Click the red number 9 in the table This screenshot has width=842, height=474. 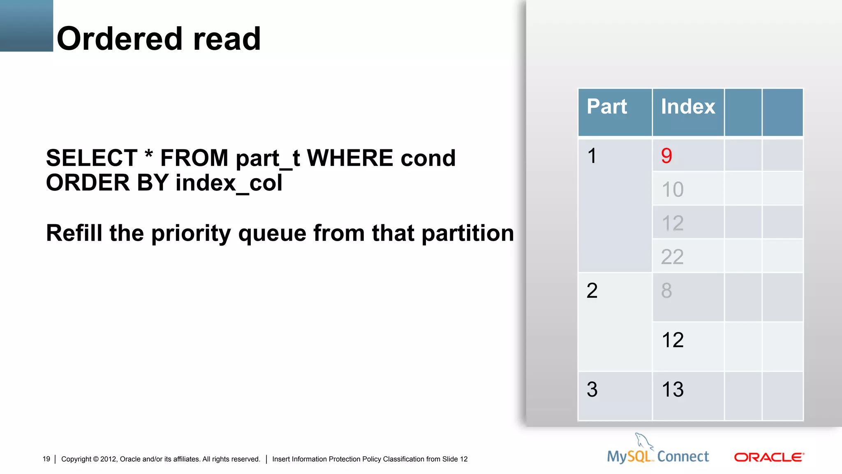[x=666, y=156]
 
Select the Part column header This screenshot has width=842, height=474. [x=607, y=107]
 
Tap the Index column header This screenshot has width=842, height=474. [x=688, y=107]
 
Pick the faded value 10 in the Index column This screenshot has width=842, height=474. [x=673, y=190]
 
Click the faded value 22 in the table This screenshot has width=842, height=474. [x=672, y=257]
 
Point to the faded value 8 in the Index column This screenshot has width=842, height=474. [x=666, y=291]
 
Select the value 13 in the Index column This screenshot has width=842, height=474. [x=673, y=390]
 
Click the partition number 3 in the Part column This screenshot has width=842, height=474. [x=592, y=390]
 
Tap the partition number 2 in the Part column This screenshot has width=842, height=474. [x=592, y=291]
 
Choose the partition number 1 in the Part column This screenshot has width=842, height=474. [x=592, y=156]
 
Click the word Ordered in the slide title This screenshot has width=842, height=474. [x=119, y=39]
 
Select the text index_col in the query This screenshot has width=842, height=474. [x=229, y=183]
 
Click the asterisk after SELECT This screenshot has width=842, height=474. [x=149, y=156]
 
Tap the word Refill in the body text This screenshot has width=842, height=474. [x=74, y=233]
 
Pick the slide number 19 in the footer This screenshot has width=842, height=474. [x=46, y=459]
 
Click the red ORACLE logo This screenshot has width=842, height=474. [x=769, y=458]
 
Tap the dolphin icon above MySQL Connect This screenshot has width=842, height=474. [x=643, y=441]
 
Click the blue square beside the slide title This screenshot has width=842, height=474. [x=26, y=26]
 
